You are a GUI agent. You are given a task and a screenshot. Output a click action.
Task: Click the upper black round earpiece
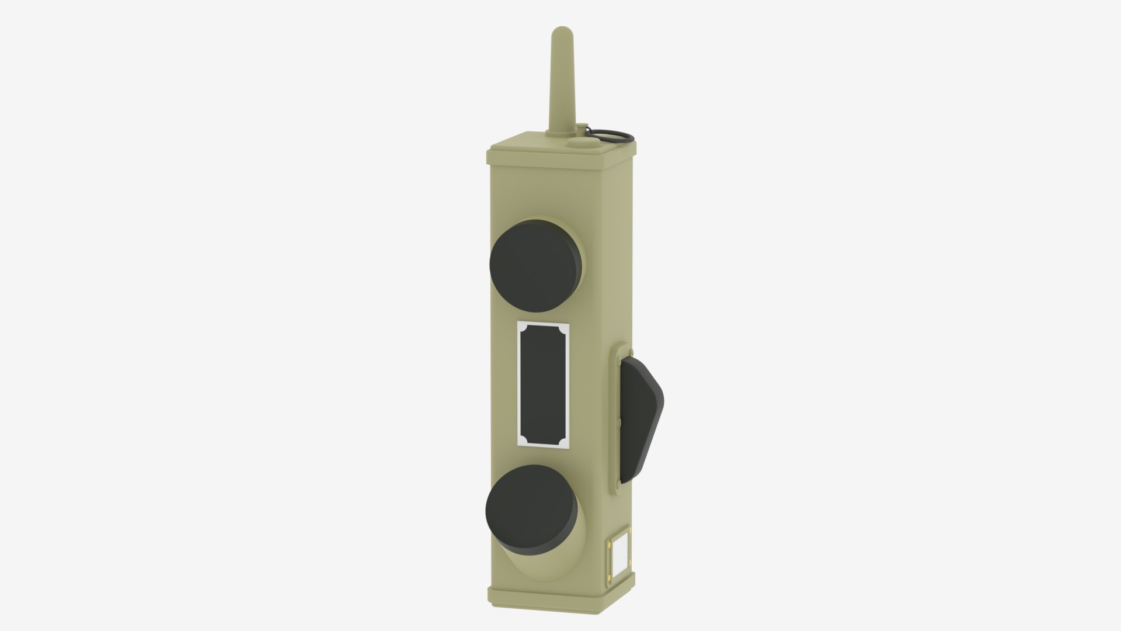[535, 266]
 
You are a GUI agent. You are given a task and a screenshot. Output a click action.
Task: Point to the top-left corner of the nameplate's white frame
[519, 322]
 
